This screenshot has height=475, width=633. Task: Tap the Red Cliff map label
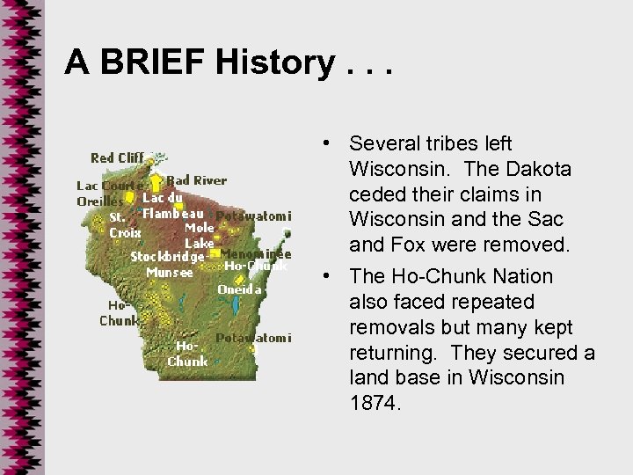tap(119, 158)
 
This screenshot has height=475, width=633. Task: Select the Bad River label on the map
tap(196, 180)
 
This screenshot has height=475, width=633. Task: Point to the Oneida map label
tap(239, 289)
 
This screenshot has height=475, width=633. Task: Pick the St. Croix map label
tap(124, 226)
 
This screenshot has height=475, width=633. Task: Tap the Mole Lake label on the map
tap(199, 235)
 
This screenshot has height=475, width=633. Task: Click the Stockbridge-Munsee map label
tap(167, 264)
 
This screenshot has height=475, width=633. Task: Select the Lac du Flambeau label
tap(174, 205)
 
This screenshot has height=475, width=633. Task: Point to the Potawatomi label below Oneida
tap(254, 338)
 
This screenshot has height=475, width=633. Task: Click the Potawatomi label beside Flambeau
tap(254, 216)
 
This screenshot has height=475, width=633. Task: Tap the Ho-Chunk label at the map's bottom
tap(187, 354)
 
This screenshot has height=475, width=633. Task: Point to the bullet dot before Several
tap(325, 143)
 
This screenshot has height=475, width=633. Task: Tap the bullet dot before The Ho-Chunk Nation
tap(325, 277)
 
